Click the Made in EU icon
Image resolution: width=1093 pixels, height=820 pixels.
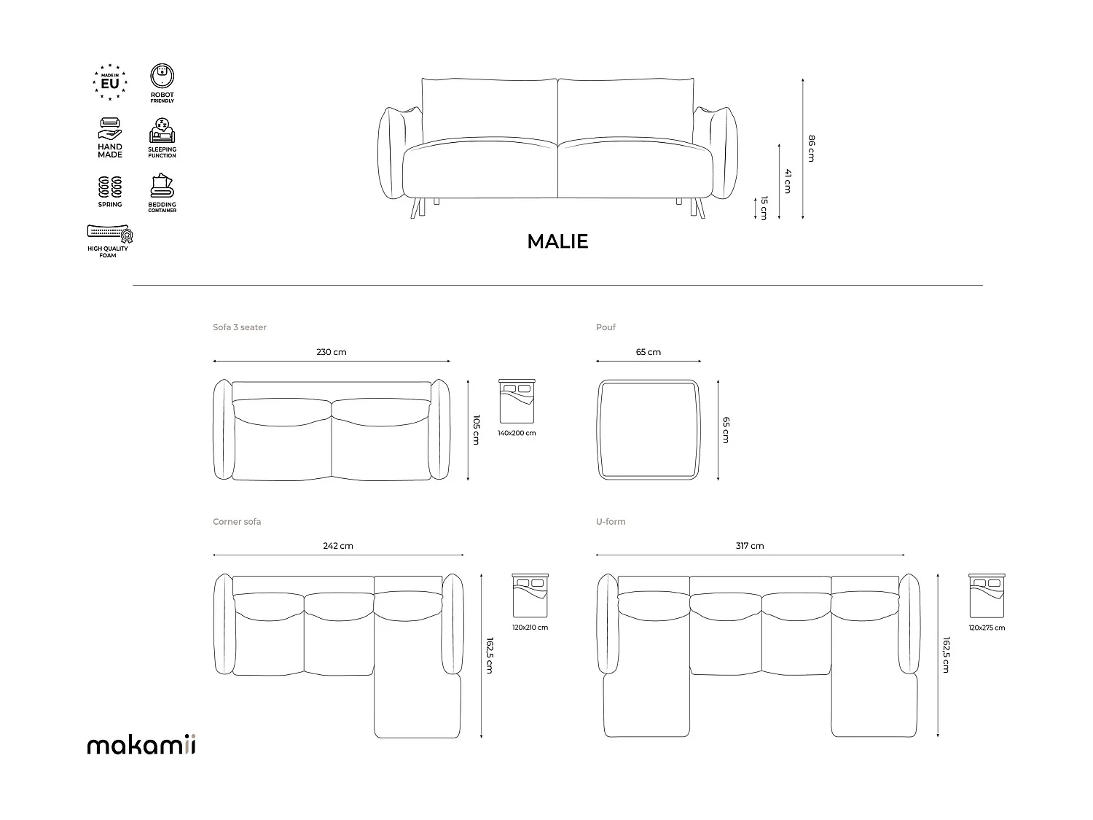pyautogui.click(x=110, y=82)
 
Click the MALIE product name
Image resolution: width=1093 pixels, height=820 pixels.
pyautogui.click(x=557, y=241)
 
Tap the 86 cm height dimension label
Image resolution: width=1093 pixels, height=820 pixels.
pyautogui.click(x=811, y=148)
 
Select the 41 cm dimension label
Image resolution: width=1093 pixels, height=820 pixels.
pyautogui.click(x=788, y=181)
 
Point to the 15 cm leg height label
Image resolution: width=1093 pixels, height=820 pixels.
pyautogui.click(x=764, y=208)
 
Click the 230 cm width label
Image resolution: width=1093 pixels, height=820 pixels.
pyautogui.click(x=332, y=352)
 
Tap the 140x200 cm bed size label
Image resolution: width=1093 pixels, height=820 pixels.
pyautogui.click(x=517, y=433)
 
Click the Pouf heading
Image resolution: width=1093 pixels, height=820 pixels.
pyautogui.click(x=606, y=327)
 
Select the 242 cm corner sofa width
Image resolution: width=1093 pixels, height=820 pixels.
pyautogui.click(x=338, y=546)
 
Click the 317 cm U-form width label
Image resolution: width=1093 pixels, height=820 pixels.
pyautogui.click(x=750, y=546)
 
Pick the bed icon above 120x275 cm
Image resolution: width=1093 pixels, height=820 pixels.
pyautogui.click(x=987, y=596)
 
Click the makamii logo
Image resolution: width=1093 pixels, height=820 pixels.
pyautogui.click(x=141, y=745)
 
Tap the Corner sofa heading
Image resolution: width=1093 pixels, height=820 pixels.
pyautogui.click(x=237, y=522)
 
